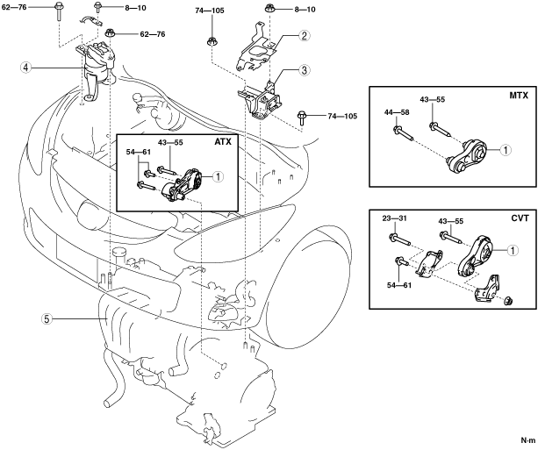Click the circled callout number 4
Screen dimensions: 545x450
[25, 68]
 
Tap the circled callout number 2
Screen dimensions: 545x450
[305, 35]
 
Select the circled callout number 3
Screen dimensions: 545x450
[305, 70]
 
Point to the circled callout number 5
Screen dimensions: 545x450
[47, 319]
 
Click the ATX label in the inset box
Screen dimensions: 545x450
[223, 141]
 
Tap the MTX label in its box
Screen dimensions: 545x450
[519, 96]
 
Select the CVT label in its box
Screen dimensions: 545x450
[520, 218]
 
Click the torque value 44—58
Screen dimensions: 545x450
[397, 112]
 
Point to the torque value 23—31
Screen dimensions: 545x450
[395, 218]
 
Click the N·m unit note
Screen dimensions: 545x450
[528, 440]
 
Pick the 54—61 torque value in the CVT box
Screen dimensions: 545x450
[399, 285]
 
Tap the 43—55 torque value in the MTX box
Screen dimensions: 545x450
[432, 99]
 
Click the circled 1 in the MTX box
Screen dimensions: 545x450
[506, 150]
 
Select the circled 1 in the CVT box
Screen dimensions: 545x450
[513, 250]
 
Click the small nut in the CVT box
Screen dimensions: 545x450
[509, 300]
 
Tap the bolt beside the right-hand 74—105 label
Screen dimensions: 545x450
[301, 118]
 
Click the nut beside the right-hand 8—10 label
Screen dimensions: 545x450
[269, 8]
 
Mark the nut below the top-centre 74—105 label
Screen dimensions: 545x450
[212, 41]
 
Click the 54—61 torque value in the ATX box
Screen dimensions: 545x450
[139, 153]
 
